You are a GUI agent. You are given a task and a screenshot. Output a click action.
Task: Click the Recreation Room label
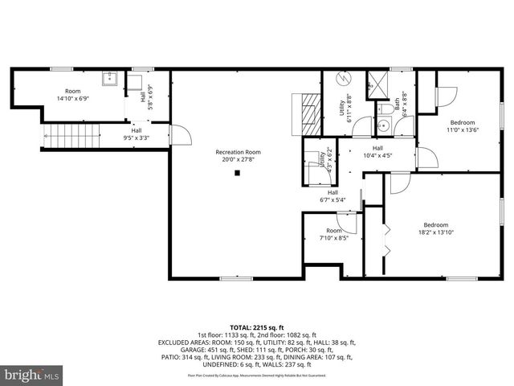(x=238, y=152)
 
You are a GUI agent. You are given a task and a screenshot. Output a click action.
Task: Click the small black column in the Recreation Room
(x=238, y=172)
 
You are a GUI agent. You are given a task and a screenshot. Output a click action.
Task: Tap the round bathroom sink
(x=385, y=126)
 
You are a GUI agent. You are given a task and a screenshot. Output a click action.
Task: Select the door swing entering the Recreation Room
(x=182, y=134)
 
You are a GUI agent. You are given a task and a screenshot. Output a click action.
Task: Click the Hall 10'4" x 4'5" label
(x=377, y=151)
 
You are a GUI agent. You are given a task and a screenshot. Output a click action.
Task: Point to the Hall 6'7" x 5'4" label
(x=332, y=195)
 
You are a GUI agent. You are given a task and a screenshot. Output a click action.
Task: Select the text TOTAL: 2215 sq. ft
(x=256, y=327)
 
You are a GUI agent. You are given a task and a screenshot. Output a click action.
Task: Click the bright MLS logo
(x=32, y=375)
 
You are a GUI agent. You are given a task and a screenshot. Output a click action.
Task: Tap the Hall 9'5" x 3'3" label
(x=136, y=133)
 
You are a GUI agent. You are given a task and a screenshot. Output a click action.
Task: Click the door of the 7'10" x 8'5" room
(x=347, y=220)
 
